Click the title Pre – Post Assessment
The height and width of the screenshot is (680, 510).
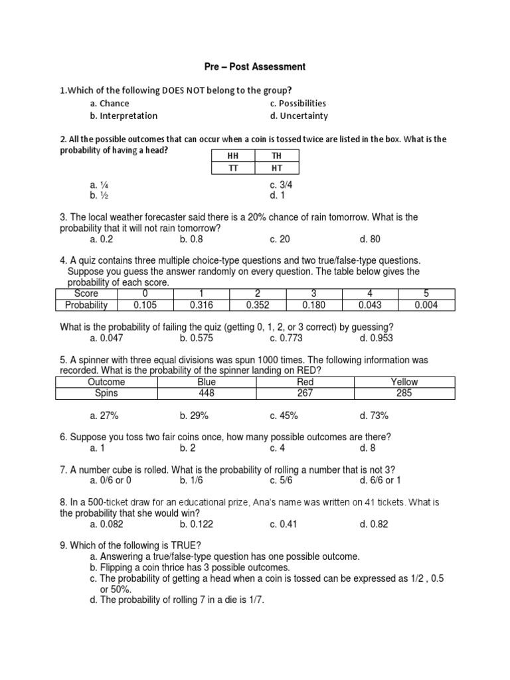pyautogui.click(x=254, y=66)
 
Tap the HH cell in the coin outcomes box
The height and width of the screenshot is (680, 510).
pyautogui.click(x=232, y=156)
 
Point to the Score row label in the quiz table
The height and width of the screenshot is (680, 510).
pyautogui.click(x=86, y=294)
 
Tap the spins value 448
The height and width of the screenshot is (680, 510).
pyautogui.click(x=207, y=393)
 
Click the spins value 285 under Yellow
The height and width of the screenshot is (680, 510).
pyautogui.click(x=404, y=393)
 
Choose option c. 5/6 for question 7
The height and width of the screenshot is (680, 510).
pyautogui.click(x=283, y=480)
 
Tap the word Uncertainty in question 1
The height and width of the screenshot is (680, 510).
pyautogui.click(x=303, y=116)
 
